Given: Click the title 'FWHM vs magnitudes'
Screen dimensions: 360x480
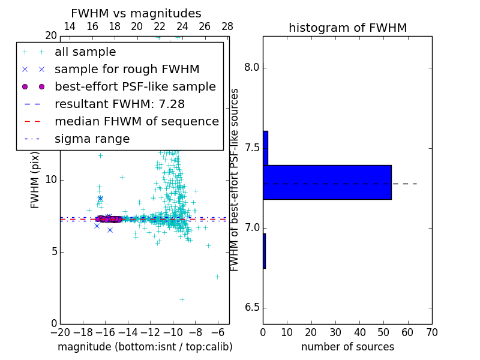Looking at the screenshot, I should point(136,14).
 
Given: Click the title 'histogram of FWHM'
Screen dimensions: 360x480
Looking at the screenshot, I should point(347,28).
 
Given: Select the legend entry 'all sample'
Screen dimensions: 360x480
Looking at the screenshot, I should point(85,52).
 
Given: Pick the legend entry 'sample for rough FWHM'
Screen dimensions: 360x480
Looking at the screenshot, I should point(127,70).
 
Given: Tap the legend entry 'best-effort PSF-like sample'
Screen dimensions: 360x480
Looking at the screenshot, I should point(135,87).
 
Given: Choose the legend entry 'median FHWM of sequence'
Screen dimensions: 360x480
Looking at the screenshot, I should point(136,122).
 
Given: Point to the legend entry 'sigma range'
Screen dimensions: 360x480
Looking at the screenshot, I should point(92,139).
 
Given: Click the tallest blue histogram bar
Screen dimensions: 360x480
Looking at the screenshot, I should point(327,182).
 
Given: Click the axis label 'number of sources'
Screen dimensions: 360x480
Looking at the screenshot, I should point(347,347).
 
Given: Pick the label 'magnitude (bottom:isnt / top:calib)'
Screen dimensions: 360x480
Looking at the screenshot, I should point(145,347).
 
